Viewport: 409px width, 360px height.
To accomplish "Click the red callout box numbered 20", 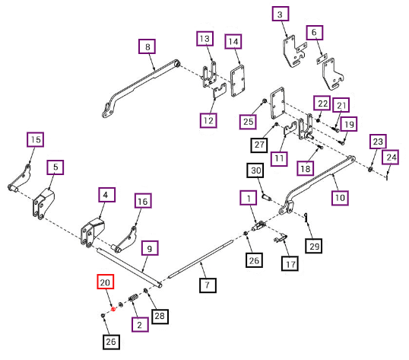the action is tap(106, 282).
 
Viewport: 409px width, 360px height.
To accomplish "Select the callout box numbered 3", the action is tap(281, 14).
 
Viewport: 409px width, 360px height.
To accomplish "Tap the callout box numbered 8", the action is tap(147, 46).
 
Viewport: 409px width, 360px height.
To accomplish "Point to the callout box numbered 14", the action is tap(233, 41).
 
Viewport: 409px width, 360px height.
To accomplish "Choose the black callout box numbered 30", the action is tap(255, 170).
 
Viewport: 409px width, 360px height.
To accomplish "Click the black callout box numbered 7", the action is tap(208, 285).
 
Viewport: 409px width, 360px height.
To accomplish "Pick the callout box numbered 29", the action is tap(314, 246).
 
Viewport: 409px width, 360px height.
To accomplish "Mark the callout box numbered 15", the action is tap(35, 139).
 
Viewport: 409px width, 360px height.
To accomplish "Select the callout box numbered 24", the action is tap(390, 157).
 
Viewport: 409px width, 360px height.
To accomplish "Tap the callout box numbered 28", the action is tap(160, 317).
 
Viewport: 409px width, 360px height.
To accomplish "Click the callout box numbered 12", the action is tap(208, 120).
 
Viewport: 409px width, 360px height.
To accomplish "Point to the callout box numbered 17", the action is tap(290, 263).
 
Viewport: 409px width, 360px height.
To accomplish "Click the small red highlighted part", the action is tap(113, 309).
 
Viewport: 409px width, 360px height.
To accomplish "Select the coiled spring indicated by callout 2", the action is tap(133, 298).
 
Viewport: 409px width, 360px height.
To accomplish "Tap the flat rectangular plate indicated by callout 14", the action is tap(237, 81).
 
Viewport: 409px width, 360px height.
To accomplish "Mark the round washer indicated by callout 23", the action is tap(370, 169).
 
